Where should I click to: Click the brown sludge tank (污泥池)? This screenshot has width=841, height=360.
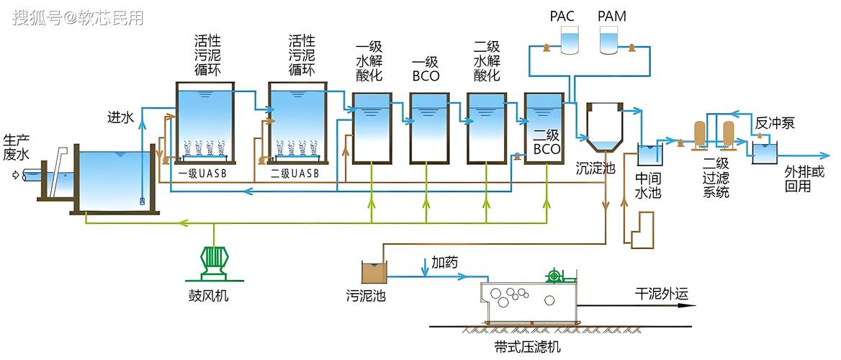point(373,272)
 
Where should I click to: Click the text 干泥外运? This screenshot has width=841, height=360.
point(661,294)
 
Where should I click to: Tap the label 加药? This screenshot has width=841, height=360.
point(444,261)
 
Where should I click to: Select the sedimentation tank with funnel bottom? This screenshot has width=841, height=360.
point(603,127)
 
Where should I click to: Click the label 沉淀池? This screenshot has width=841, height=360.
point(595,168)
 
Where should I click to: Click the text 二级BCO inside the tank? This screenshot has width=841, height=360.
point(547,142)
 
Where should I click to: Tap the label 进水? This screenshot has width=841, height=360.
point(120,117)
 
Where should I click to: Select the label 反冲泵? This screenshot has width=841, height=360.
point(774,123)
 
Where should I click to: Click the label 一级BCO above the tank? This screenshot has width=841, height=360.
point(426,68)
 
